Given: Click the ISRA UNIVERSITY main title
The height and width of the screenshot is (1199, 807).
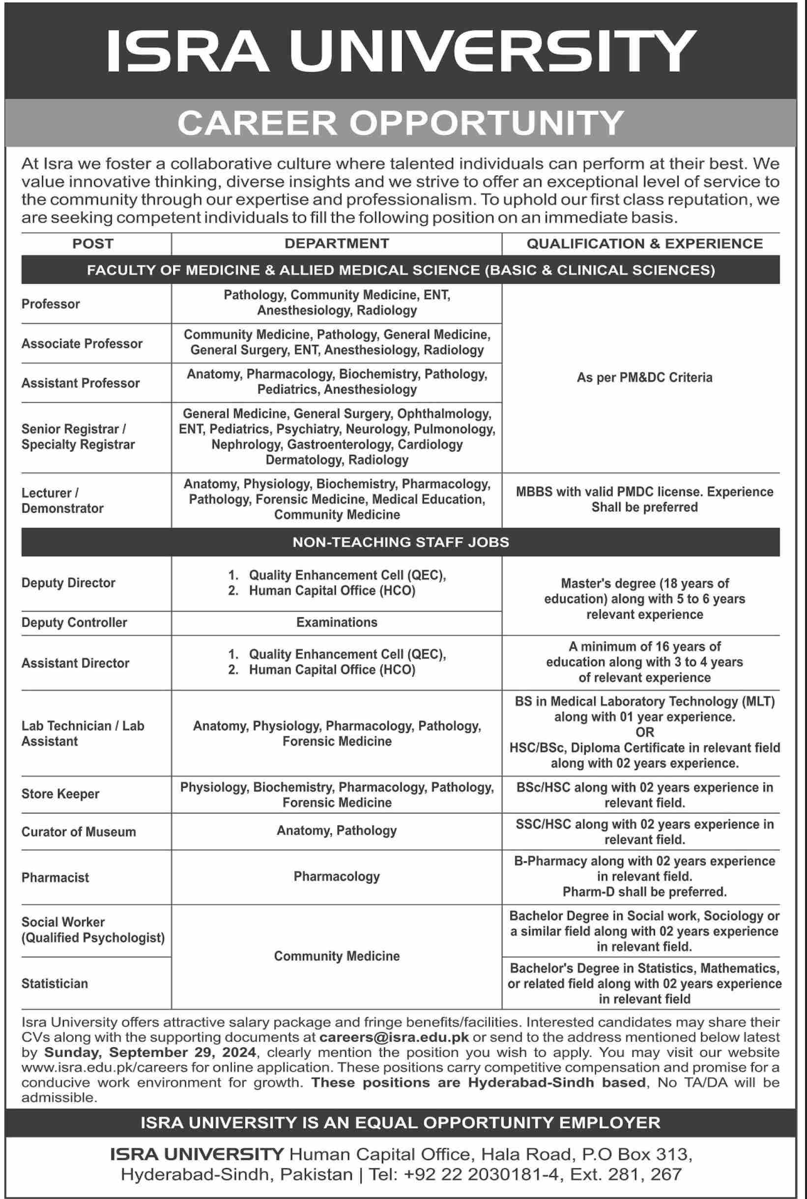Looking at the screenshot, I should [x=400, y=50].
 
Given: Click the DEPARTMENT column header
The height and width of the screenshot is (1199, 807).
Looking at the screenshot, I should [x=337, y=243].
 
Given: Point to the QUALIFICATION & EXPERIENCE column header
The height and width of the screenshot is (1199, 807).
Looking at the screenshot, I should [x=644, y=243].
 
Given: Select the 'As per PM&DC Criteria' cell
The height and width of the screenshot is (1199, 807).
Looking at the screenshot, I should [x=644, y=378].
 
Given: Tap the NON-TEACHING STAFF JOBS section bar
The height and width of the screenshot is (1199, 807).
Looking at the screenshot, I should [x=400, y=542].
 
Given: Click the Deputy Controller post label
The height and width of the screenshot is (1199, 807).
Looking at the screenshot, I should [x=74, y=622].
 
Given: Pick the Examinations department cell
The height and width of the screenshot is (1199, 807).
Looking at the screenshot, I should [x=337, y=622].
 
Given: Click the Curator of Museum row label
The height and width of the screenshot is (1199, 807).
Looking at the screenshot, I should [x=78, y=832].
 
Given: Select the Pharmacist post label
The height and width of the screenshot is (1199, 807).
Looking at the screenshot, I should [x=55, y=878].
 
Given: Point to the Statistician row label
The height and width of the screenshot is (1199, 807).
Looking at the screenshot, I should [x=55, y=983].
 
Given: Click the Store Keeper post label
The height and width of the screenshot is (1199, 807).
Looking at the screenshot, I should [x=60, y=794].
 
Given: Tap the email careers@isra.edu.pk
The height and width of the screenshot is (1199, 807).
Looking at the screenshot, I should [x=394, y=1037].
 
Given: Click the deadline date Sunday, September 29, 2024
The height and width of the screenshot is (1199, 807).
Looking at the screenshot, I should [x=150, y=1053].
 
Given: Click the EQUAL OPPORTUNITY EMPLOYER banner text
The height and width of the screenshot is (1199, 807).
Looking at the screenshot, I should [x=400, y=1122].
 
